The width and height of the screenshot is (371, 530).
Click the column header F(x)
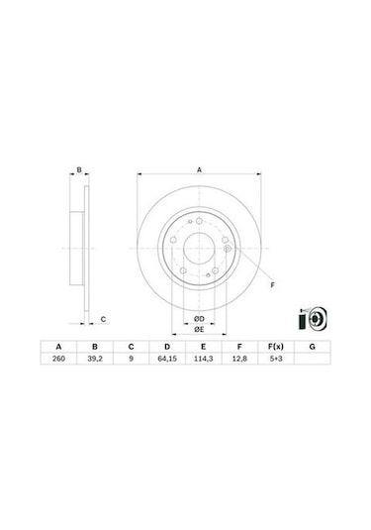[x=276, y=347]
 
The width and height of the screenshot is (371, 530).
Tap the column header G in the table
[x=313, y=347]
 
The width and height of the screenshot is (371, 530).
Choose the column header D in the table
[x=167, y=347]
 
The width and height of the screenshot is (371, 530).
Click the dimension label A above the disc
[x=199, y=170]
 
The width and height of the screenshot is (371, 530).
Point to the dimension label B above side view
[x=79, y=170]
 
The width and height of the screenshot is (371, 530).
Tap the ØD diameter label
[x=199, y=317]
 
